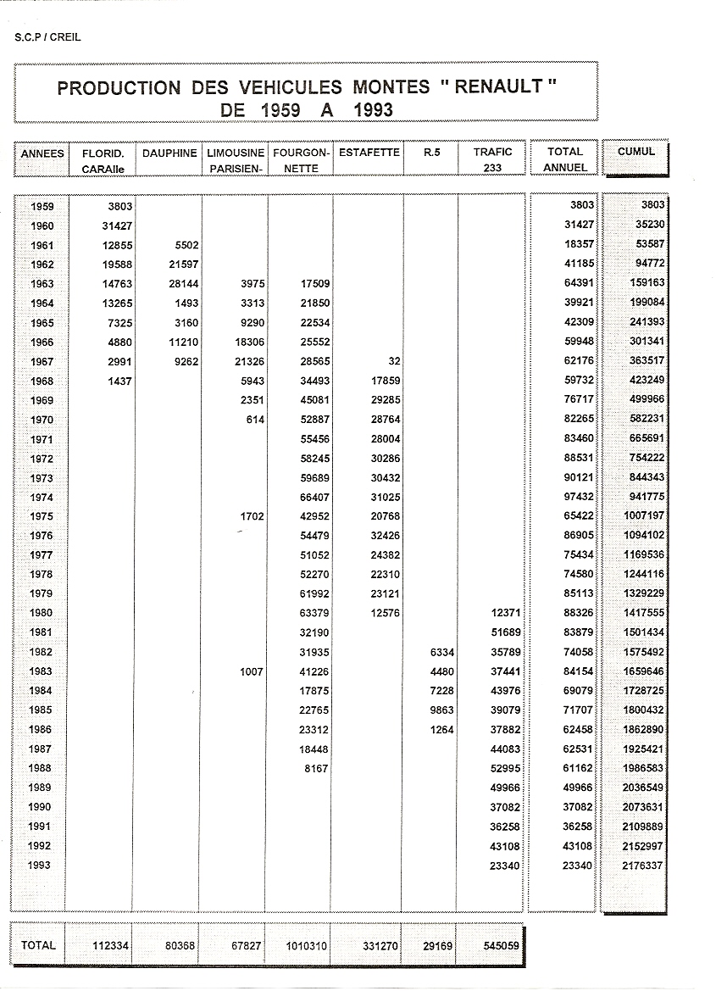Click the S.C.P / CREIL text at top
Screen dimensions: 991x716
(x=47, y=37)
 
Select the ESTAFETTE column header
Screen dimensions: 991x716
(x=369, y=153)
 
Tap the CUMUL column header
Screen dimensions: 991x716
(x=636, y=152)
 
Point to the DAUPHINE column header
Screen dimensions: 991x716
(x=169, y=153)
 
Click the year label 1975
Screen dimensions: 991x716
(x=42, y=516)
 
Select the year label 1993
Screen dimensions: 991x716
(x=42, y=866)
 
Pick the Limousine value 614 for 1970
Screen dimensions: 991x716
(x=253, y=420)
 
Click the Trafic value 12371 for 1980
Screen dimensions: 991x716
(x=503, y=613)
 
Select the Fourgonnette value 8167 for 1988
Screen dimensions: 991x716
(x=314, y=769)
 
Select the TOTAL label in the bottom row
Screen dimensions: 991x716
(x=38, y=945)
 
